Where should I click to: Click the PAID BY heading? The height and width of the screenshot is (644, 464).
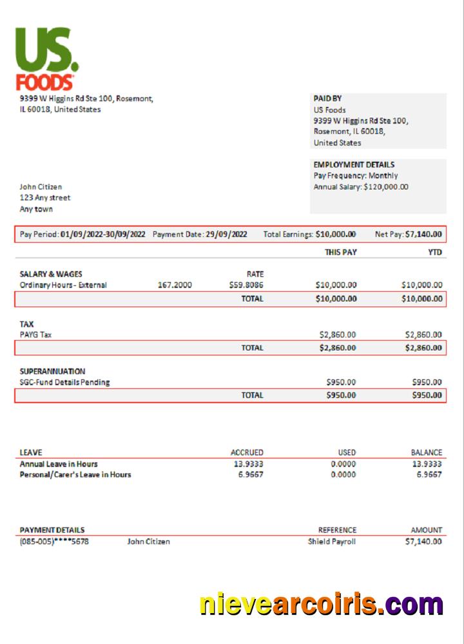tap(327, 99)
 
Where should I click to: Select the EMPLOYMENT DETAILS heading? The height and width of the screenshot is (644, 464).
tap(354, 165)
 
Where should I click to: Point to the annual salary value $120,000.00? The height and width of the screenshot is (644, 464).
tap(386, 187)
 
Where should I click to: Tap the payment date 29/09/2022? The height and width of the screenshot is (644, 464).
tap(226, 234)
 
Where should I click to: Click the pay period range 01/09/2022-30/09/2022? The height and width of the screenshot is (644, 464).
tap(103, 234)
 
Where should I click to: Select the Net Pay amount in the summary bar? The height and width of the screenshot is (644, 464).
tap(423, 234)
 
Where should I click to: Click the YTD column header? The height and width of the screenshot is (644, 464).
tap(435, 252)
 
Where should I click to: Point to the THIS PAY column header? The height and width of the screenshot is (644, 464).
tap(340, 252)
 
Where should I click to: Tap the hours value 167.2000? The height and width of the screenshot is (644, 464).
tap(175, 285)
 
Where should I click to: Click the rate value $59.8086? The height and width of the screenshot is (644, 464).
tap(246, 285)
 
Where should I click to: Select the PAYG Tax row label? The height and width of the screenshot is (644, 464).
tap(35, 335)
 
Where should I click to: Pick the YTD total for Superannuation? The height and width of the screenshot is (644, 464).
tap(427, 395)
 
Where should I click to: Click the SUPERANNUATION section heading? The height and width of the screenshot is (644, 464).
tap(52, 372)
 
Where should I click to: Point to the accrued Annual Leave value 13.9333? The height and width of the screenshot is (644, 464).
tap(248, 464)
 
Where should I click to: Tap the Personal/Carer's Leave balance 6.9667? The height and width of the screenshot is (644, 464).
tap(429, 475)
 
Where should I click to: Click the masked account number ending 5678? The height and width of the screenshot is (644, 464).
tap(54, 542)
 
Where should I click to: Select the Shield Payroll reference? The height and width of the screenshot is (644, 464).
tap(331, 542)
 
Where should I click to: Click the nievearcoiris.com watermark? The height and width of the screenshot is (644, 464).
tap(321, 605)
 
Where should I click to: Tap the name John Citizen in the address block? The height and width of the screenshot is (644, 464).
tap(41, 187)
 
